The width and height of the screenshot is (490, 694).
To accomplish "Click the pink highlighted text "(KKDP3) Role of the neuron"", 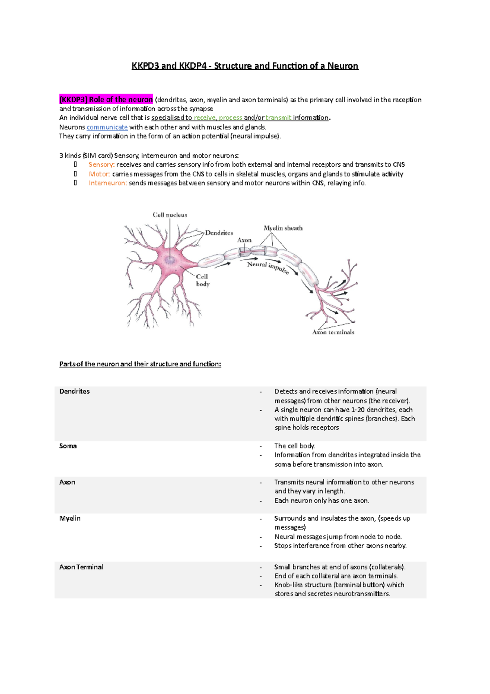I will pyautogui.click(x=106, y=100).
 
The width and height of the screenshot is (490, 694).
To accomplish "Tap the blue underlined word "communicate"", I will pyautogui.click(x=107, y=127).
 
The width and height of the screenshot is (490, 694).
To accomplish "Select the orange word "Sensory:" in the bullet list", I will pyautogui.click(x=101, y=165).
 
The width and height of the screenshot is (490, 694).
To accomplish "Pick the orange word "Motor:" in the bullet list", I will pyautogui.click(x=99, y=174).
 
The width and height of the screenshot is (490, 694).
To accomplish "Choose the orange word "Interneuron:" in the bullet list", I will pyautogui.click(x=108, y=183).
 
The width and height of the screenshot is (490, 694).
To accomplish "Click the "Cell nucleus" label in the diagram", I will pyautogui.click(x=170, y=215).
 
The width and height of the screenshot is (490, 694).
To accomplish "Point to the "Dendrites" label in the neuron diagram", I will pyautogui.click(x=219, y=233).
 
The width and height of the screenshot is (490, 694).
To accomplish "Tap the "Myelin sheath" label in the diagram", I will pyautogui.click(x=283, y=228).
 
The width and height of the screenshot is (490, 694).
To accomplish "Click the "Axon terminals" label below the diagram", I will pyautogui.click(x=333, y=332).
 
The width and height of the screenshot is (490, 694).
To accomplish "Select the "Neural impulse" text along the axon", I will pyautogui.click(x=268, y=267).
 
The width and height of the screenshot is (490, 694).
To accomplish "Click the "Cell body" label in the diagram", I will pyautogui.click(x=203, y=280).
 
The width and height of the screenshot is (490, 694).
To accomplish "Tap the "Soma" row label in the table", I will pyautogui.click(x=68, y=446).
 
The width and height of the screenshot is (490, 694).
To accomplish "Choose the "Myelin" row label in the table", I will pyautogui.click(x=70, y=518).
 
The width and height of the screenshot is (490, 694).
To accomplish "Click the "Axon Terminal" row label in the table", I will pyautogui.click(x=81, y=567).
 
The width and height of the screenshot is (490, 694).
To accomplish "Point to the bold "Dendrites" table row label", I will pyautogui.click(x=74, y=391).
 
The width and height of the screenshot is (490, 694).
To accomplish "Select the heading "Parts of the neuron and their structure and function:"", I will pyautogui.click(x=140, y=364).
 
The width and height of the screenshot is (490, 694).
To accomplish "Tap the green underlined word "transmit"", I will pyautogui.click(x=278, y=118).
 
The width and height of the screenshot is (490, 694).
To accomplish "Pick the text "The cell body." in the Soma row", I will pyautogui.click(x=295, y=446).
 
